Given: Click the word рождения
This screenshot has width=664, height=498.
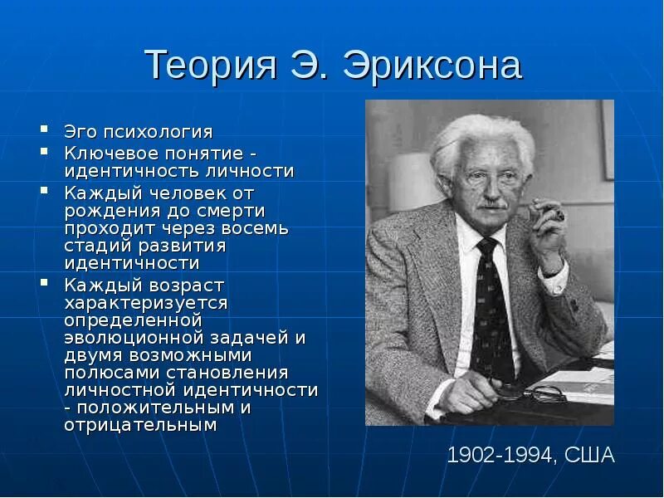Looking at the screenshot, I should (106, 209).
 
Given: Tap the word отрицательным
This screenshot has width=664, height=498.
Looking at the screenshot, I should (140, 426).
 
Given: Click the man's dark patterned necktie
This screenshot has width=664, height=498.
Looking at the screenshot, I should (491, 307).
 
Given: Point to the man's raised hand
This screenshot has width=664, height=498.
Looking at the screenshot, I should (548, 232).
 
